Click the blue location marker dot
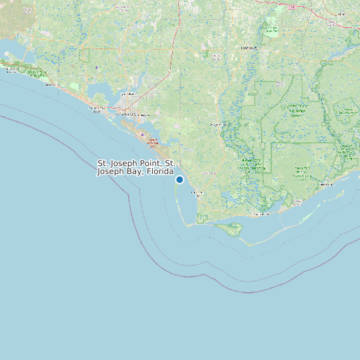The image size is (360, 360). pos(179,179)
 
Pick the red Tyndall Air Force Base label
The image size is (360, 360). pos(152,141)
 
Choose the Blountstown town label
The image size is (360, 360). pos(248,48)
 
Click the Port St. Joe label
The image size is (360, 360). pos(197,193)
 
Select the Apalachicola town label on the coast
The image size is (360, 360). pos(262,215)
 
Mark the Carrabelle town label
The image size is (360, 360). pos(325,184)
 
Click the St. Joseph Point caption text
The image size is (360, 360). pos(136,163)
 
